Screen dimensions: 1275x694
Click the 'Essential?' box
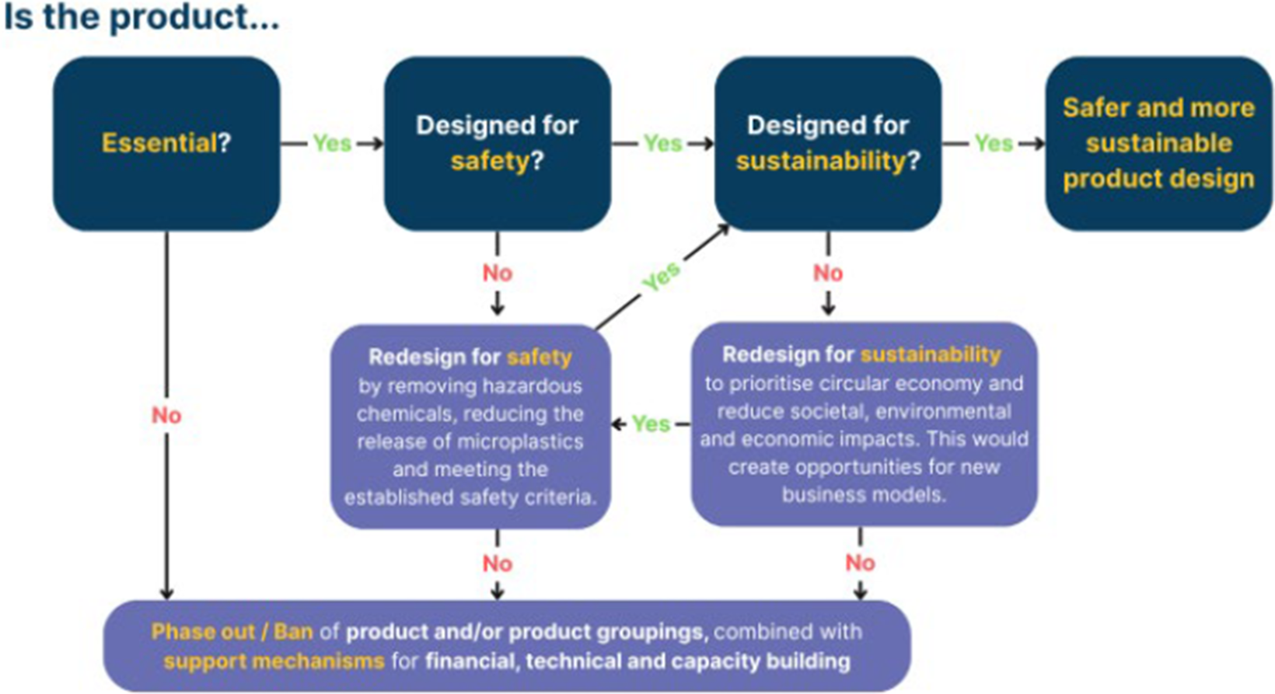coord(166,143)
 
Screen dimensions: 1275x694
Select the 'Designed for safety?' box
coord(498,143)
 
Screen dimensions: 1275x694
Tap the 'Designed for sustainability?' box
coord(828,143)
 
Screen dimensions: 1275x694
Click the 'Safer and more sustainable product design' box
coord(1159,143)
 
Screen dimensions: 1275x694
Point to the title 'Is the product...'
coord(141,17)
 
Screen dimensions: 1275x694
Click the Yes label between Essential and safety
coord(332,143)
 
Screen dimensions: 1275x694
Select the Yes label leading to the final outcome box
coord(994,143)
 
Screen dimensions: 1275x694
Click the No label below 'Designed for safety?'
coord(498,274)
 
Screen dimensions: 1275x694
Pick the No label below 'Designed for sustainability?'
coord(828,274)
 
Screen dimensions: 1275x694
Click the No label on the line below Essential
coord(166,416)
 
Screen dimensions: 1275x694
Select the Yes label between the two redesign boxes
coord(651,424)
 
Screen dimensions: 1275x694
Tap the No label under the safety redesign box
coord(498,563)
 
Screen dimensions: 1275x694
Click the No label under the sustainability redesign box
coord(860,563)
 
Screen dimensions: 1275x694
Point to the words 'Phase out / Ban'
coord(232,632)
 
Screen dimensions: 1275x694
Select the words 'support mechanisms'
coord(274,661)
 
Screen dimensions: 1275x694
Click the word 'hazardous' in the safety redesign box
coord(533,386)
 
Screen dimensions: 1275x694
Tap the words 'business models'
coord(864,495)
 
